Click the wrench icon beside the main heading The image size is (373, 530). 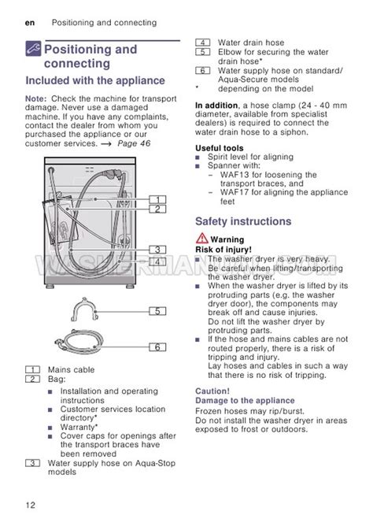point(33,48)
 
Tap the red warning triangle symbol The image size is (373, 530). point(201,239)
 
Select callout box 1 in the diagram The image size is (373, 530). point(158,199)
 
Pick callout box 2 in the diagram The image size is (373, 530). point(158,209)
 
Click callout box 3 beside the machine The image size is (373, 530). point(158,250)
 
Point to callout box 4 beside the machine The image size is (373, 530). point(158,261)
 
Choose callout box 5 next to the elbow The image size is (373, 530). point(158,311)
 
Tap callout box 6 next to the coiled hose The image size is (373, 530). point(158,347)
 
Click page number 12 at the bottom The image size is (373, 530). point(31,505)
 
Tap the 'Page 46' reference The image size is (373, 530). point(134,143)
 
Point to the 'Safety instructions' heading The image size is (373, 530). point(243,221)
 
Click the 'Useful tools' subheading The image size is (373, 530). point(220,148)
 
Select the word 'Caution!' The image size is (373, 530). point(212,391)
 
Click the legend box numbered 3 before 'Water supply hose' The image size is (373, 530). point(33,463)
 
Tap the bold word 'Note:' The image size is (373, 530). point(36,98)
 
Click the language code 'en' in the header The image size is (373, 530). point(30,23)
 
